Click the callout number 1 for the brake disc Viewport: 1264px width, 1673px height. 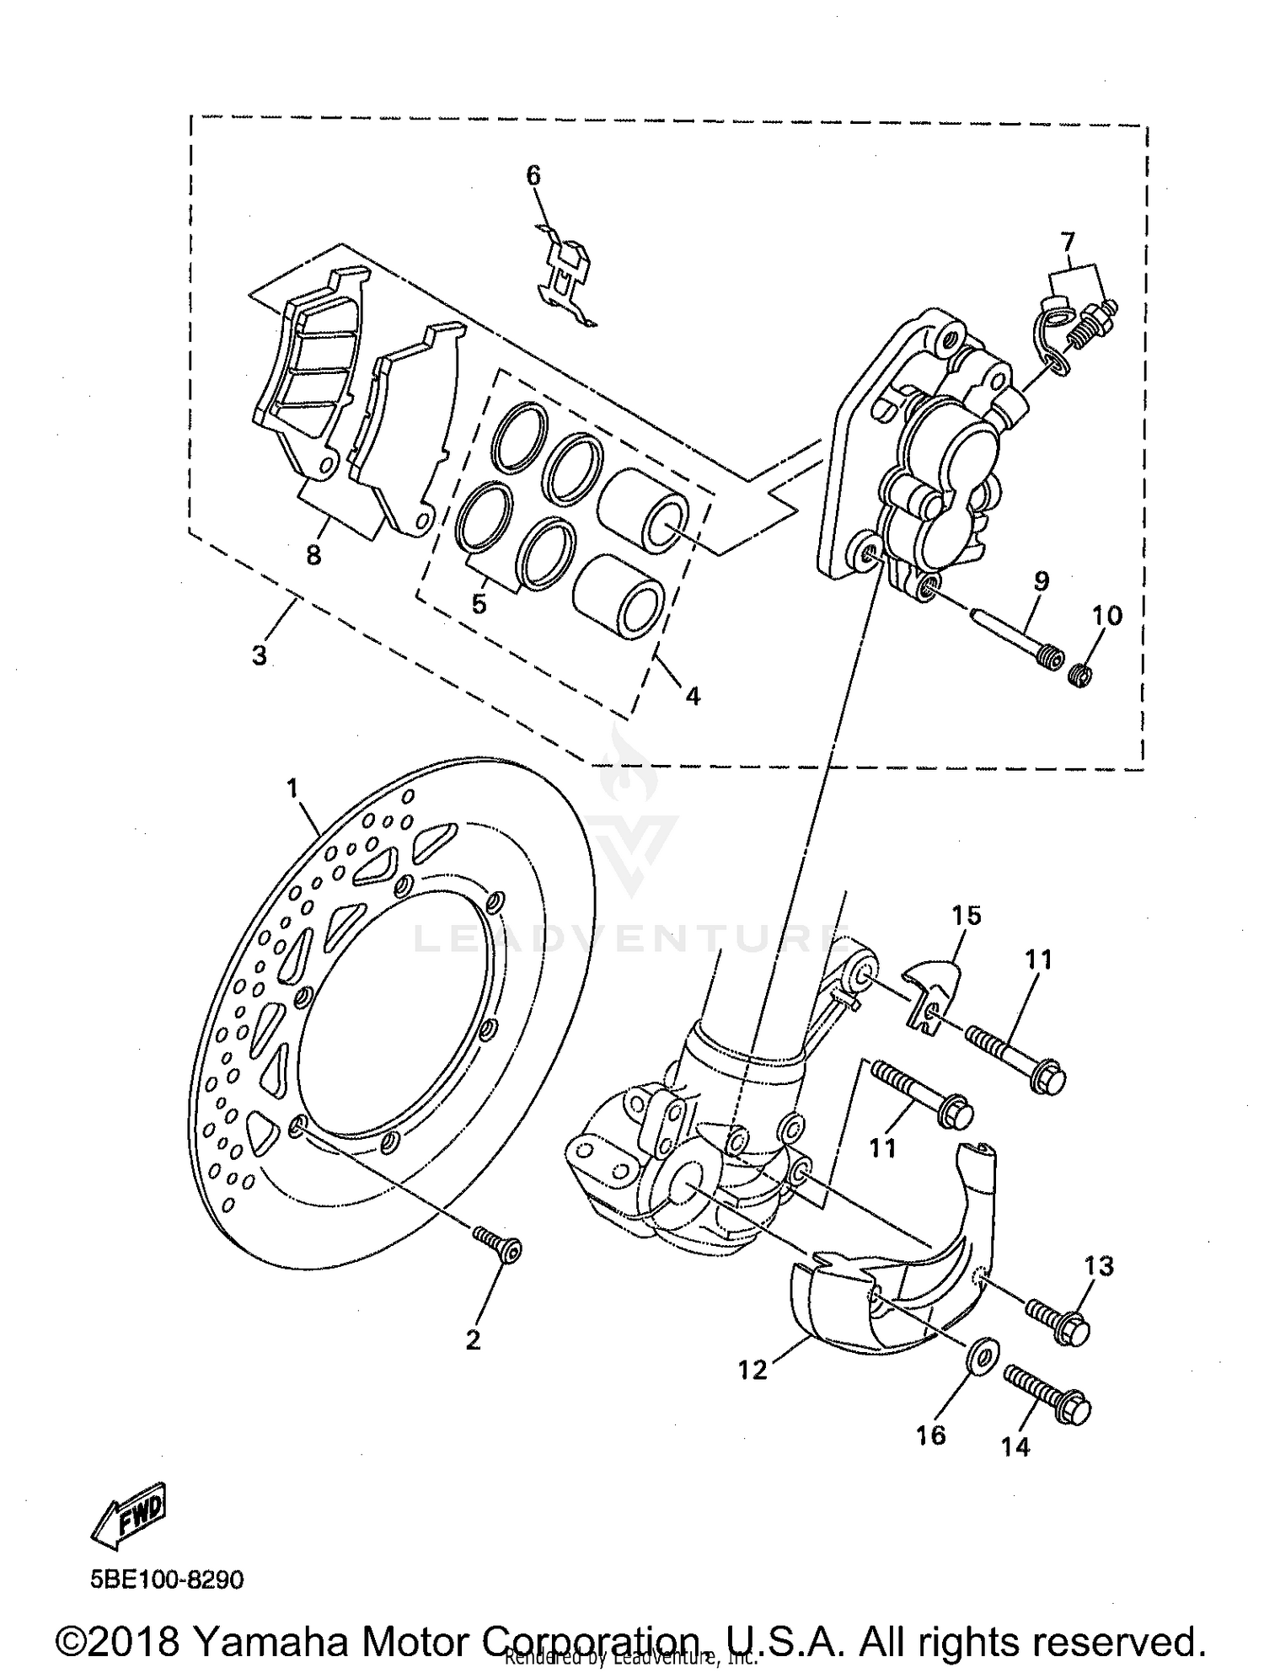tap(292, 788)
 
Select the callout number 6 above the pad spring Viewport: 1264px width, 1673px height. tap(533, 175)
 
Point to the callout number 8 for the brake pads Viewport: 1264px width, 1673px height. tap(313, 556)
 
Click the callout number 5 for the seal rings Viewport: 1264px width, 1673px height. tap(479, 604)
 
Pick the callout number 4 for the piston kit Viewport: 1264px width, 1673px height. tap(693, 696)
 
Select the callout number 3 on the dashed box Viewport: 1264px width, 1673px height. tap(260, 655)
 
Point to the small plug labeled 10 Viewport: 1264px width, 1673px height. tap(1079, 674)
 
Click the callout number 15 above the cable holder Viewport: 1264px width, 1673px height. tap(967, 915)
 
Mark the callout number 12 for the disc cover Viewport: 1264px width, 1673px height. tap(753, 1371)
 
